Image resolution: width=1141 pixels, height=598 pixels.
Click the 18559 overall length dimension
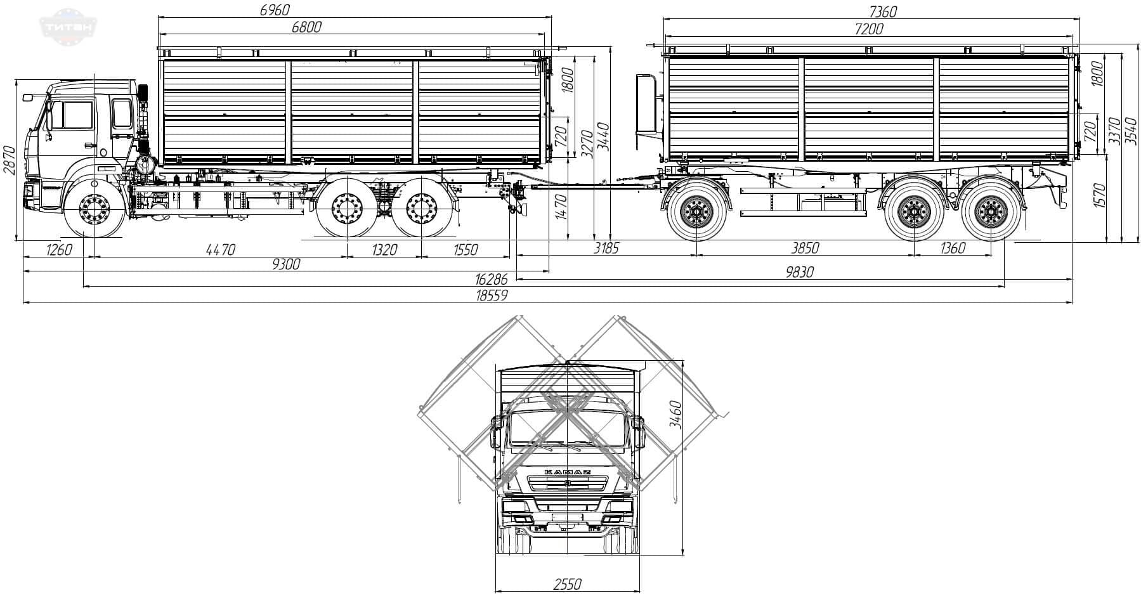[494, 296]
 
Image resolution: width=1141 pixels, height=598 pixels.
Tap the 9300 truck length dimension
[286, 264]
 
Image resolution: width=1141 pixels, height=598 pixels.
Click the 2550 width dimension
[567, 585]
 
